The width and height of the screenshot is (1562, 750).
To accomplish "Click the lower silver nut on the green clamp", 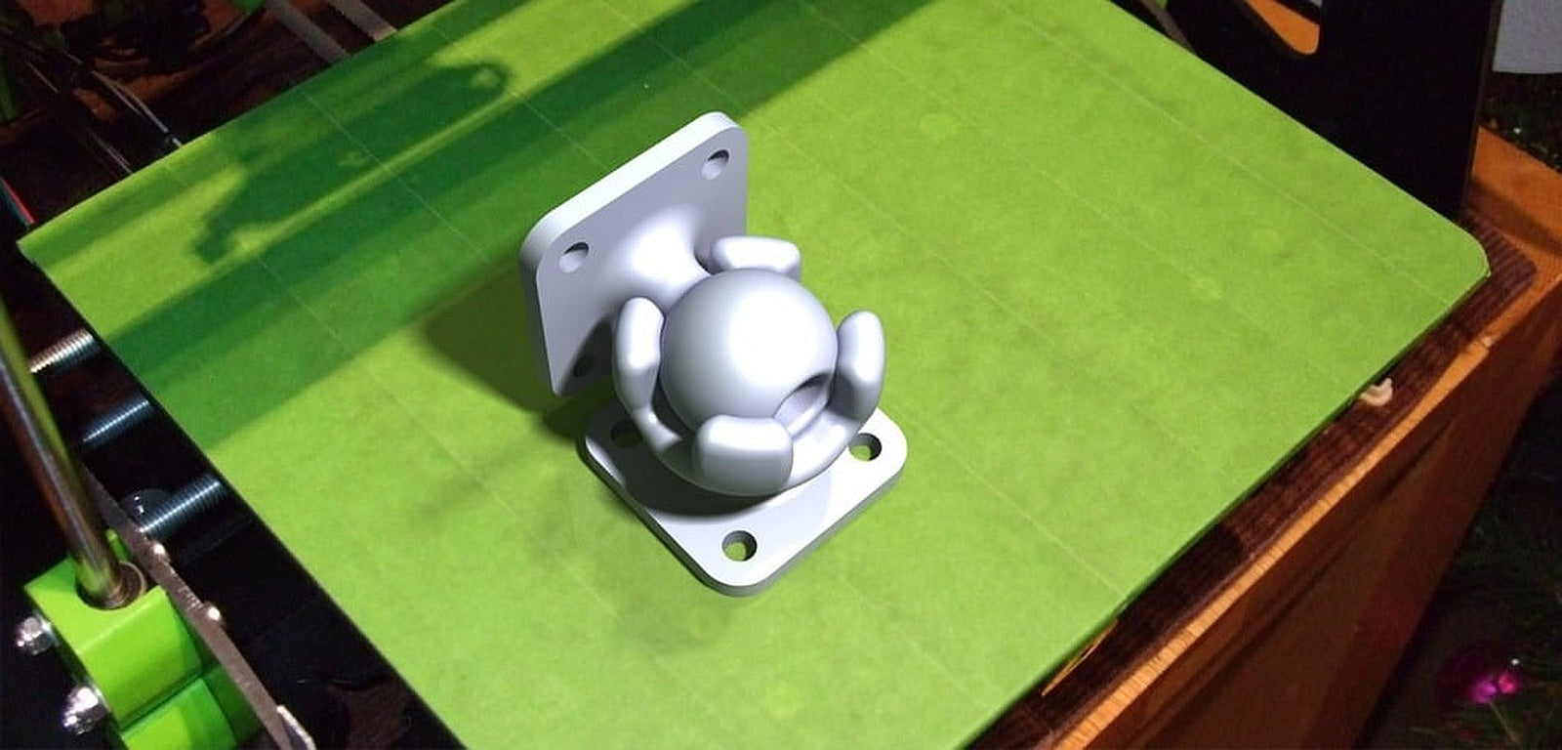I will click(83, 709).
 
